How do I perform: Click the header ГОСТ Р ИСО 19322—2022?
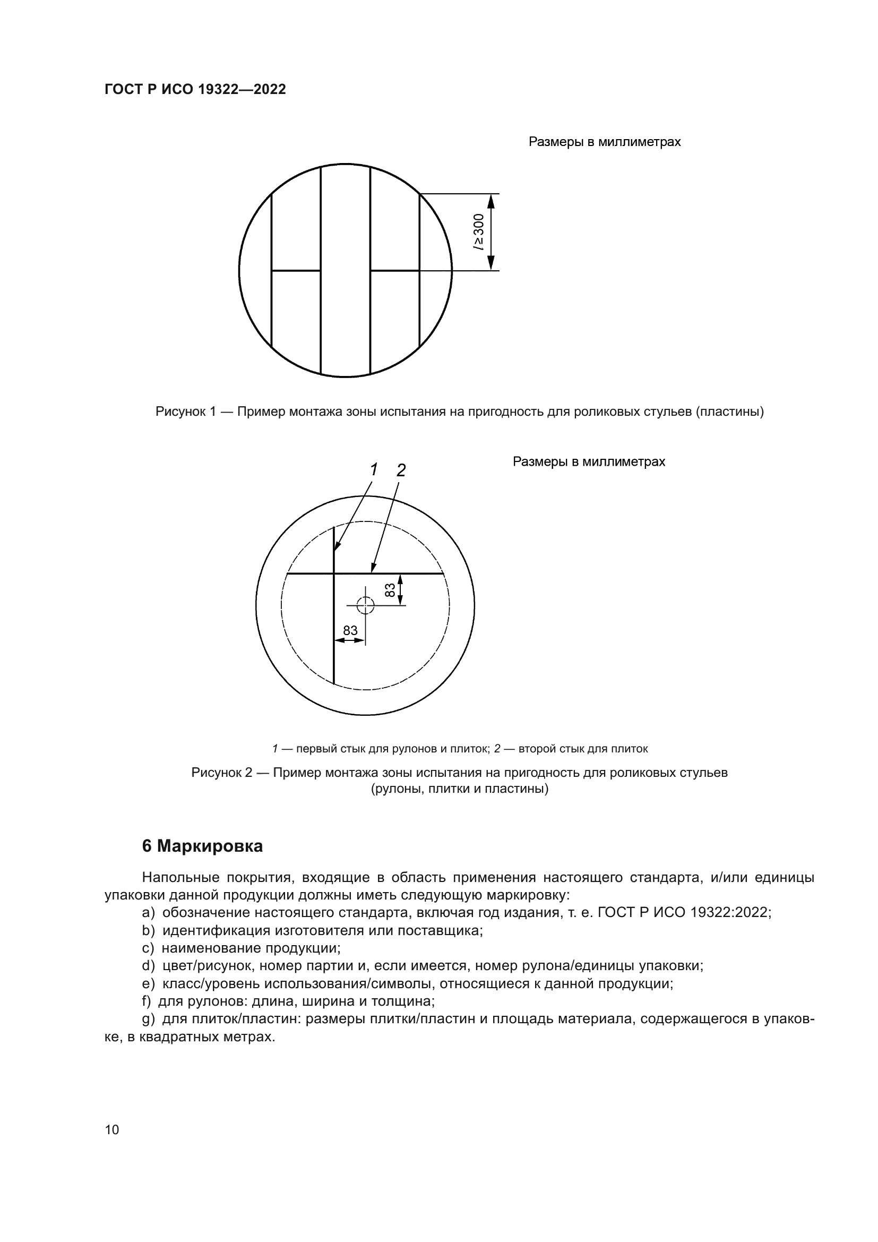[195, 90]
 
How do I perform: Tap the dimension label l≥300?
[479, 232]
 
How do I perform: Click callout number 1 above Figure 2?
[373, 469]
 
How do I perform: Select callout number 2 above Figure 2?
[401, 470]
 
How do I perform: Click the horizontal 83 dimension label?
[350, 630]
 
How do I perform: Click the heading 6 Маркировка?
[202, 846]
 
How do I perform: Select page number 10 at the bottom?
[112, 1129]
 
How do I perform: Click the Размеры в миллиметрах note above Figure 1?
[604, 142]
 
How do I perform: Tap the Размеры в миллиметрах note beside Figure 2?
[588, 462]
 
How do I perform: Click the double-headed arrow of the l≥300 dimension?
[491, 232]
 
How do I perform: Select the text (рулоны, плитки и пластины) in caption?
[459, 789]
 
